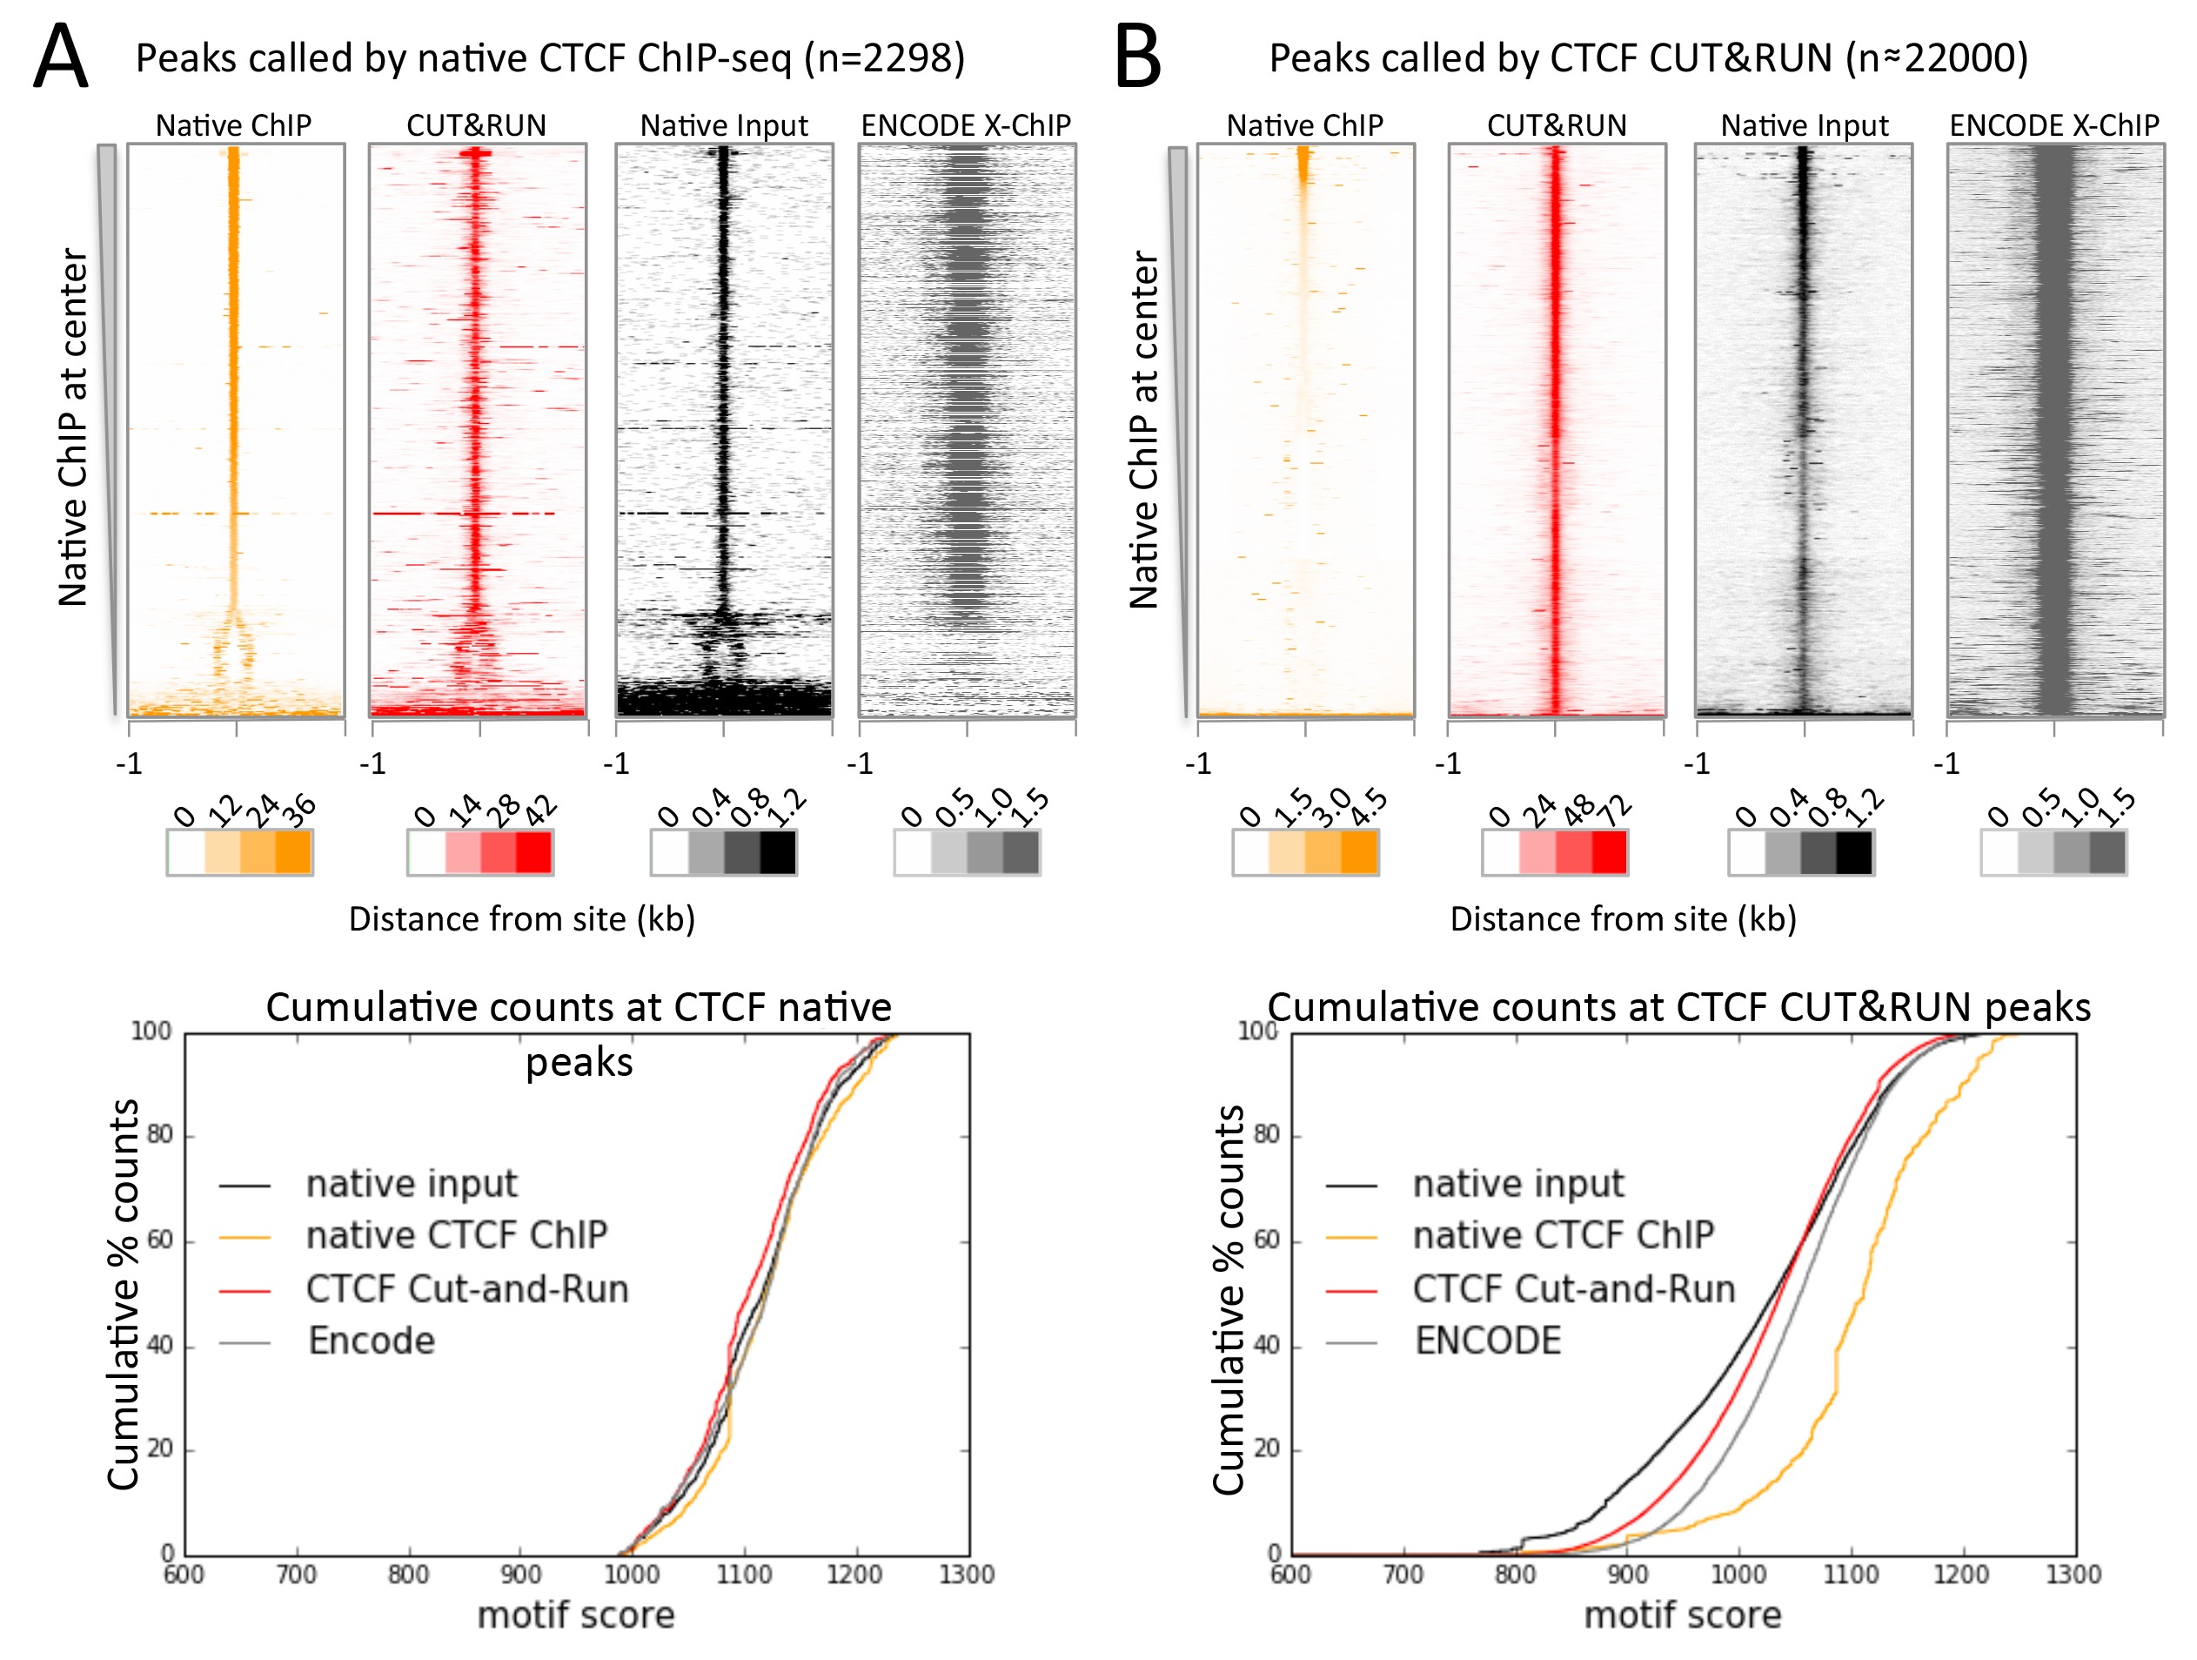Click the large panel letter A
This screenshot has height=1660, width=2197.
62,57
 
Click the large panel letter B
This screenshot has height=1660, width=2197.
1137,57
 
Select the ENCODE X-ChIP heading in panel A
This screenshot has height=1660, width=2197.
966,126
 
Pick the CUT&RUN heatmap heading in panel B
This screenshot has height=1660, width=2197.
1557,126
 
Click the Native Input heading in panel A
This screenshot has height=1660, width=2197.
723,126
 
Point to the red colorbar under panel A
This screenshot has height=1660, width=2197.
480,852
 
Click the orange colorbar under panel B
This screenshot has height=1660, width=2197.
1306,852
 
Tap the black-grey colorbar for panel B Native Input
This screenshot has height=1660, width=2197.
1801,852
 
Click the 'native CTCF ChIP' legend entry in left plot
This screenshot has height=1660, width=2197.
456,1235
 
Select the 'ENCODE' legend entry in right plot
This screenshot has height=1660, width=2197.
1487,1341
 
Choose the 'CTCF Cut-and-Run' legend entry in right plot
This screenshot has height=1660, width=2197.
1573,1288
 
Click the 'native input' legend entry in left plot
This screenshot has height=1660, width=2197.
412,1183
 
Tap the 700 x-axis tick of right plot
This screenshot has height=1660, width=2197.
1403,1575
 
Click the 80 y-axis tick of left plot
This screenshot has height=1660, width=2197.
160,1134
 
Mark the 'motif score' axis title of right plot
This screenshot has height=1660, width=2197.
1683,1616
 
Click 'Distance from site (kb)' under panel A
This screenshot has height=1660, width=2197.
521,919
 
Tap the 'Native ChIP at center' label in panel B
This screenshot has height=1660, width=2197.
1144,429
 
